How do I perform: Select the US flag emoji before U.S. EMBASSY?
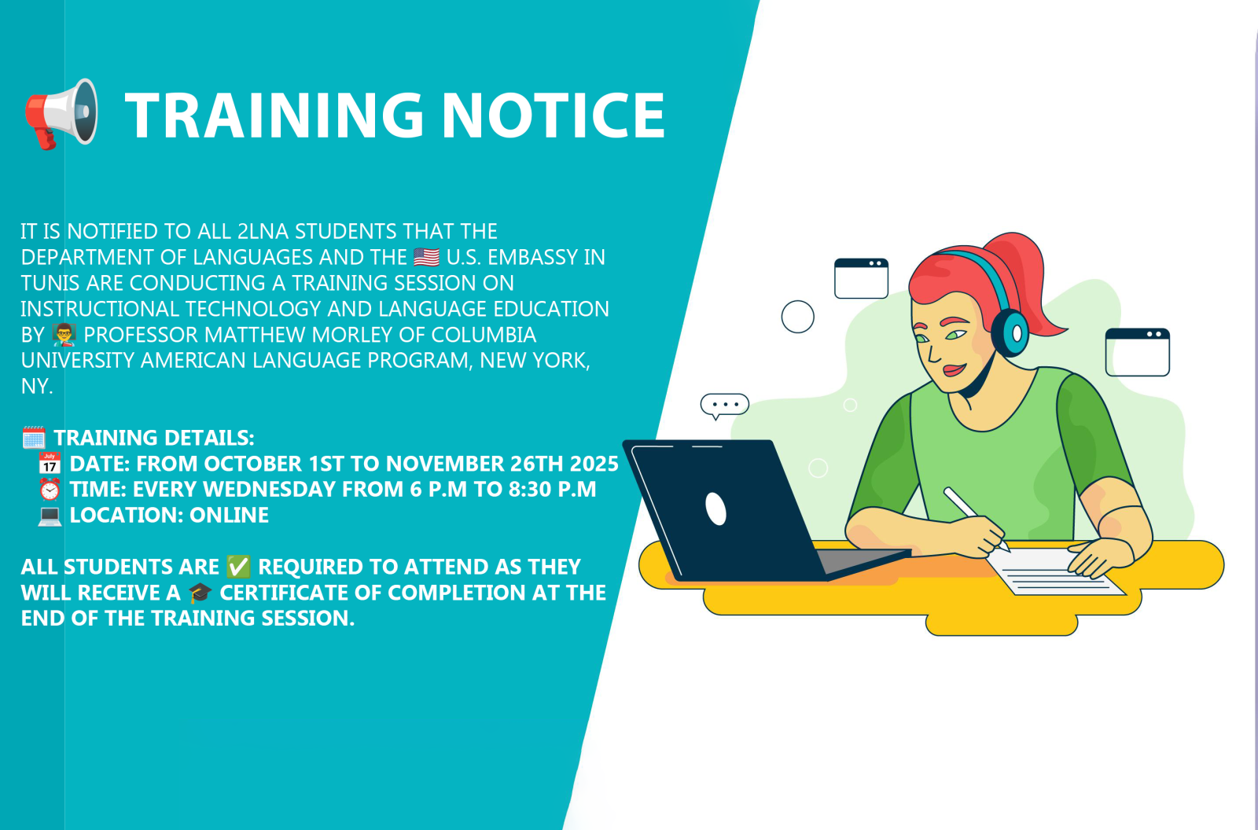(x=427, y=257)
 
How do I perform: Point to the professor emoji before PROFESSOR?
(x=64, y=335)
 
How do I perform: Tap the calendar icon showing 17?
(x=50, y=463)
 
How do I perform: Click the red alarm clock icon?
(x=50, y=489)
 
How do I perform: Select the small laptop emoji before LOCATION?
(x=50, y=516)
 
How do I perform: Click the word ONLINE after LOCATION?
(x=229, y=515)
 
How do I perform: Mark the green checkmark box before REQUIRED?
(x=238, y=567)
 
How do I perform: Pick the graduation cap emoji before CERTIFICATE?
(x=200, y=593)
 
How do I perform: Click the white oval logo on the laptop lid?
(x=715, y=509)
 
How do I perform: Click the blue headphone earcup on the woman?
(x=1010, y=332)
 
